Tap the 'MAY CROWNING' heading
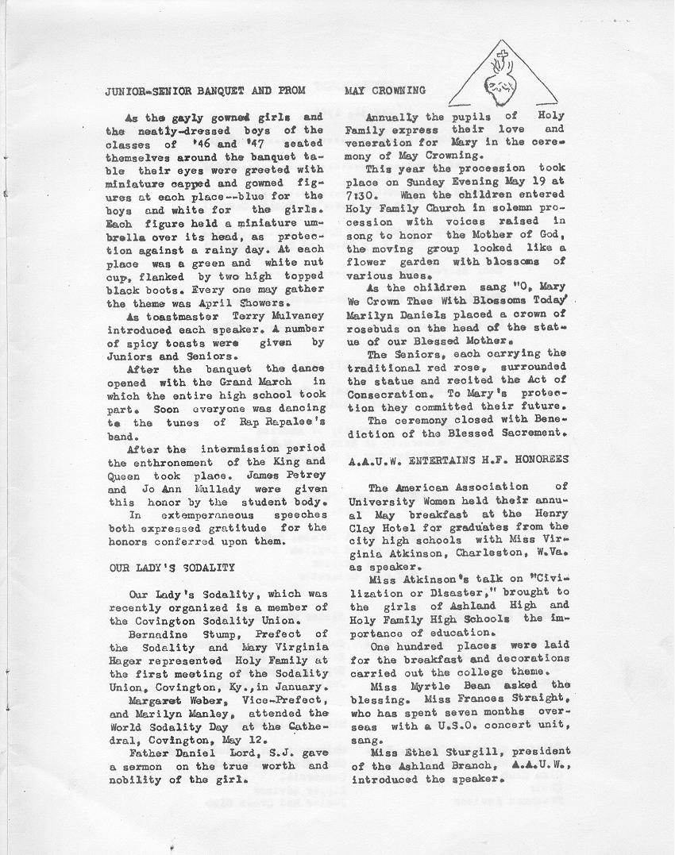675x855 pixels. pyautogui.click(x=385, y=90)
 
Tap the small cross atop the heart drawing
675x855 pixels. pyautogui.click(x=499, y=57)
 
